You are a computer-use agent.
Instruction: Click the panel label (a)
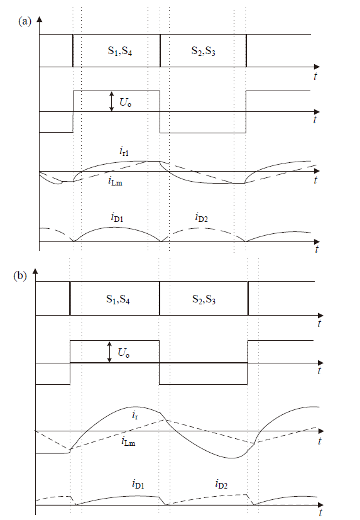(x=25, y=21)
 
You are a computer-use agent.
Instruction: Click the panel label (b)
(x=20, y=276)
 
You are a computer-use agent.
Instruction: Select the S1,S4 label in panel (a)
(x=120, y=51)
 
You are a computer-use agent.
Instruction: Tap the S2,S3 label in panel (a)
(x=204, y=51)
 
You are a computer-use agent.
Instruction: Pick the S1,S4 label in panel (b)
(x=118, y=299)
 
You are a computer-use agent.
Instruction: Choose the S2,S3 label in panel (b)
(x=204, y=299)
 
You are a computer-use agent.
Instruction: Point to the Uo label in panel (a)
(x=125, y=102)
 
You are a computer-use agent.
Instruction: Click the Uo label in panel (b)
(x=124, y=352)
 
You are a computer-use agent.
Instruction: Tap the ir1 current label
(x=124, y=152)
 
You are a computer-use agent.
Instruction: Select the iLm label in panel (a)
(x=116, y=181)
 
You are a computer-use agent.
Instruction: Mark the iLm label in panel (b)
(x=128, y=441)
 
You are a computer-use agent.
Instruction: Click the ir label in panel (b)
(x=135, y=415)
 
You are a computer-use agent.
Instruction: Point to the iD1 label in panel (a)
(x=117, y=218)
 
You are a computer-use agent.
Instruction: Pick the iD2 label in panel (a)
(x=201, y=218)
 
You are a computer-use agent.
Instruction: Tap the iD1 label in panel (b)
(x=138, y=484)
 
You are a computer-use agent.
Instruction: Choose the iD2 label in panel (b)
(x=221, y=484)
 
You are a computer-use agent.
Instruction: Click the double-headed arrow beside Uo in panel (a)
(x=112, y=101)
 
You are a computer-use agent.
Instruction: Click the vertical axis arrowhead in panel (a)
(x=40, y=19)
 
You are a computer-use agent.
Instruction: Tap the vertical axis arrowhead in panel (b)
(x=35, y=271)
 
